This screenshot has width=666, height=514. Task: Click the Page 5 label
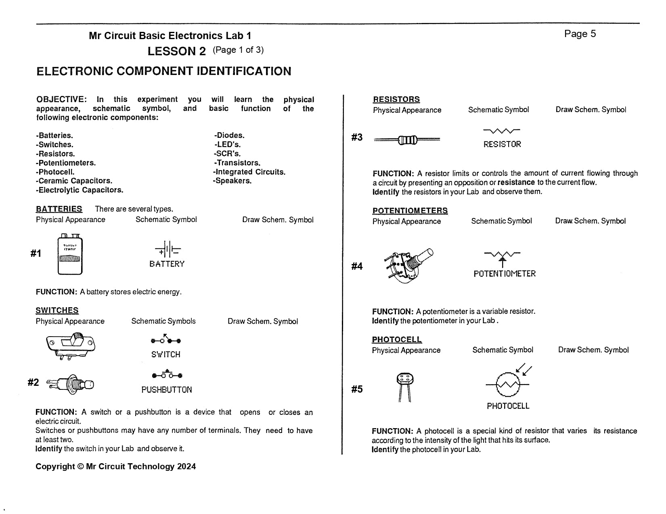point(580,34)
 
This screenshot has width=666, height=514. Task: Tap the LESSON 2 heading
point(176,51)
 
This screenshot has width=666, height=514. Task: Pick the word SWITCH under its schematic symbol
point(166,355)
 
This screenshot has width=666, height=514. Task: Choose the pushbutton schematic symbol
point(167,375)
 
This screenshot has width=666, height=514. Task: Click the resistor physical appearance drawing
point(407,140)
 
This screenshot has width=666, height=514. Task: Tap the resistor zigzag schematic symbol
point(502,131)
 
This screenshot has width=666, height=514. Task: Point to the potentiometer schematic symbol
point(502,257)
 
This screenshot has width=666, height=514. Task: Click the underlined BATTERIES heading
point(59,209)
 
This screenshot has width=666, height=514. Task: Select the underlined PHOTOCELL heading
point(397,339)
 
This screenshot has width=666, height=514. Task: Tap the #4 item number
point(357,266)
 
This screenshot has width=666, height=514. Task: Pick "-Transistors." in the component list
point(237,163)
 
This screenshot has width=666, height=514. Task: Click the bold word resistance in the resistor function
point(516,182)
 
